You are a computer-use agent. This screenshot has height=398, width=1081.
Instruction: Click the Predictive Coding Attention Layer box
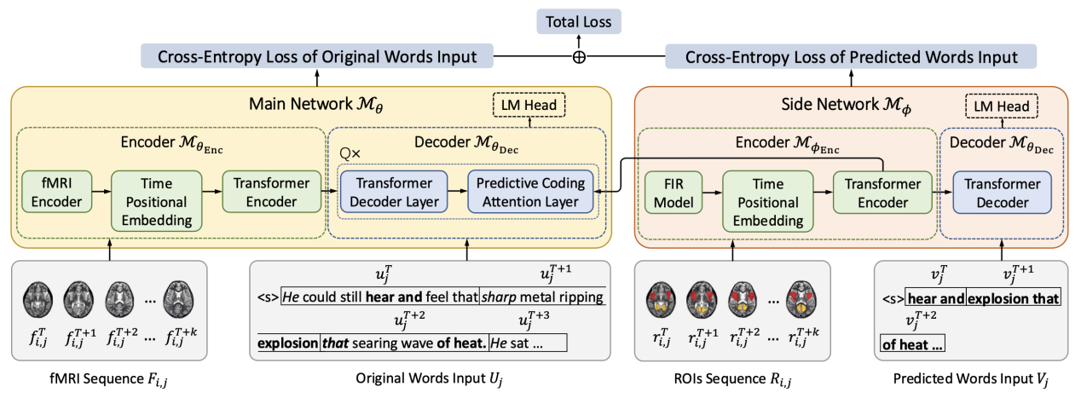click(x=529, y=193)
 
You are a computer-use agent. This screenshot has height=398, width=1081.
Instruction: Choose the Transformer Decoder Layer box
click(x=395, y=193)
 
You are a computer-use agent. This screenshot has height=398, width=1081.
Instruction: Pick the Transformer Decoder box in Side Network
click(x=996, y=193)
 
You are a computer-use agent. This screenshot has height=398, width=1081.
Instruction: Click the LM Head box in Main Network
click(x=526, y=106)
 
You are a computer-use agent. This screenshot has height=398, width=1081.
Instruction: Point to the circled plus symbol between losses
click(x=580, y=57)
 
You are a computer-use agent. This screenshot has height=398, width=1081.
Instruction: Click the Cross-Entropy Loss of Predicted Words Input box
click(x=850, y=57)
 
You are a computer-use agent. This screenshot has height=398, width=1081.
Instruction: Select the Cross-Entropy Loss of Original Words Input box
click(x=318, y=57)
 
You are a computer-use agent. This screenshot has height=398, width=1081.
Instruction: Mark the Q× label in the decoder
click(x=349, y=153)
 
